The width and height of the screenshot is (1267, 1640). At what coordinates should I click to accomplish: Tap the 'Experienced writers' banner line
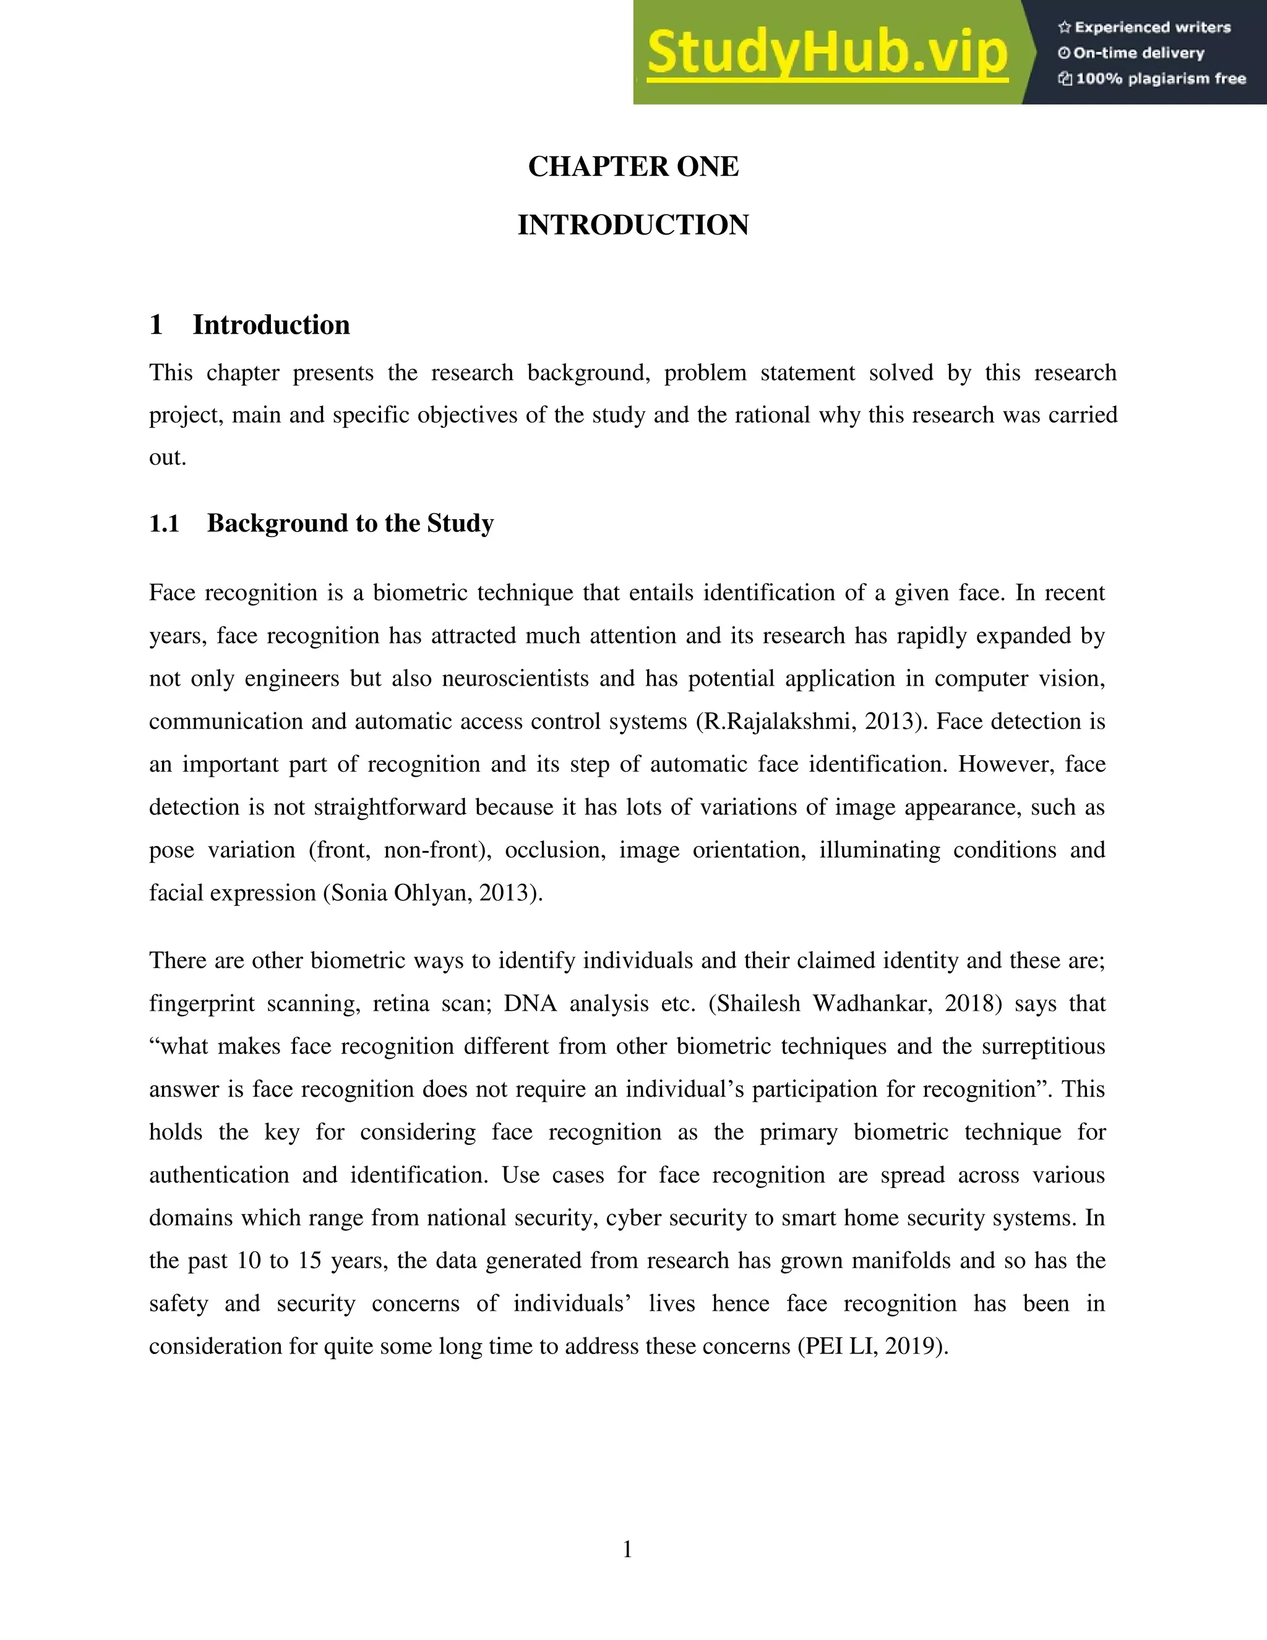pos(1152,28)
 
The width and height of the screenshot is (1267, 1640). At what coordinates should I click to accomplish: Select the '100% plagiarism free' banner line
pos(1160,79)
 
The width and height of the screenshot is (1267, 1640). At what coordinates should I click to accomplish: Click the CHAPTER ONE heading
pos(633,166)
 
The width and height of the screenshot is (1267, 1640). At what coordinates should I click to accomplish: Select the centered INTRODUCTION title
pos(633,225)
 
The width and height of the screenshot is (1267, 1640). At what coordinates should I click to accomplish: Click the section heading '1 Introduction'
pos(250,325)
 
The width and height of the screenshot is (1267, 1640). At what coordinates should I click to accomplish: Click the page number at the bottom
pos(627,1549)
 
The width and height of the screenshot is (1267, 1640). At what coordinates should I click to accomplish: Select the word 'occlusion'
pos(554,850)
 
